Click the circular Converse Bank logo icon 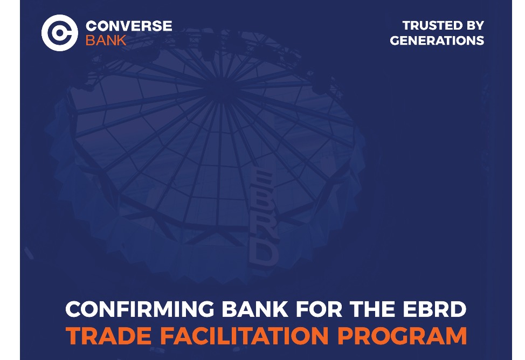[60, 33]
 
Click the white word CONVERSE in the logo [129, 26]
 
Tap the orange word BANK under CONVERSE [106, 40]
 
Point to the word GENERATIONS [437, 40]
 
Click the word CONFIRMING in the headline [139, 309]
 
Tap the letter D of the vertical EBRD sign [261, 252]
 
